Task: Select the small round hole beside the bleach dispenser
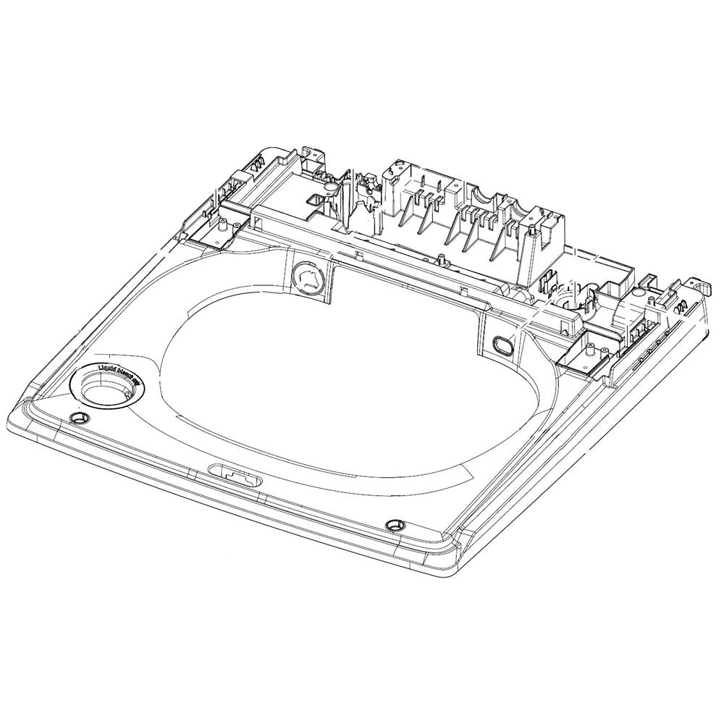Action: point(77,419)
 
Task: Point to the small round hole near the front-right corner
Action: point(395,523)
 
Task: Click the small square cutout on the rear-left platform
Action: point(316,198)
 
